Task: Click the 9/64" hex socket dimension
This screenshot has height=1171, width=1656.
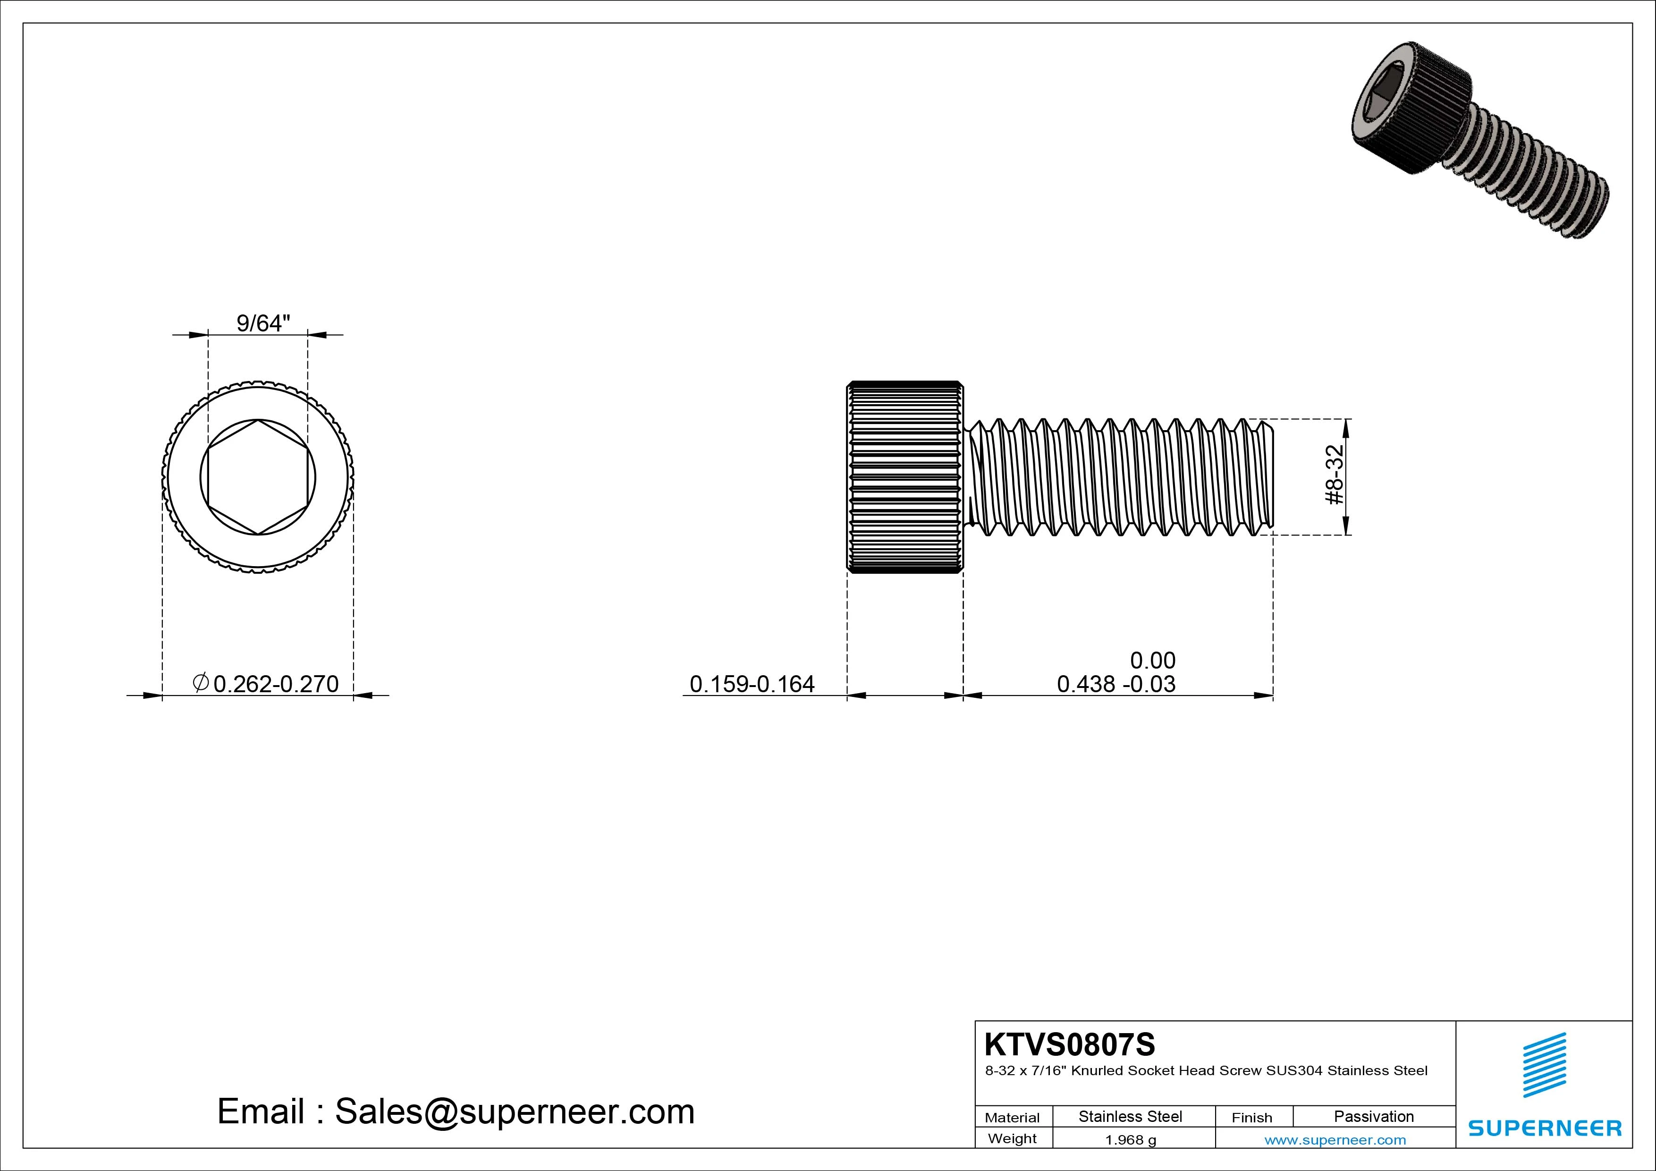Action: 263,323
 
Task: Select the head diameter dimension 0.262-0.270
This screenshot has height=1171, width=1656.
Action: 276,683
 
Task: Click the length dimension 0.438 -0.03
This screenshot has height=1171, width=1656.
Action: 1116,683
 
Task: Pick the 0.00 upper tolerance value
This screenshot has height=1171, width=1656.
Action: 1153,660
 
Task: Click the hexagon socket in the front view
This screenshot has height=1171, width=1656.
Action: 257,477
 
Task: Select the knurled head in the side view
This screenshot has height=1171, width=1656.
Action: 904,477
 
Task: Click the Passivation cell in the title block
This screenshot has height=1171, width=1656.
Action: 1373,1116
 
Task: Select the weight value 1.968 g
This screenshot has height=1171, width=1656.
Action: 1130,1140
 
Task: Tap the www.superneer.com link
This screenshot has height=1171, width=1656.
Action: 1335,1140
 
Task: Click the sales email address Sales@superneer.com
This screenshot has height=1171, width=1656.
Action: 514,1111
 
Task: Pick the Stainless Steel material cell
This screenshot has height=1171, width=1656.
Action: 1130,1116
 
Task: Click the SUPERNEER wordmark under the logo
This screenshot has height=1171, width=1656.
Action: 1544,1128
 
